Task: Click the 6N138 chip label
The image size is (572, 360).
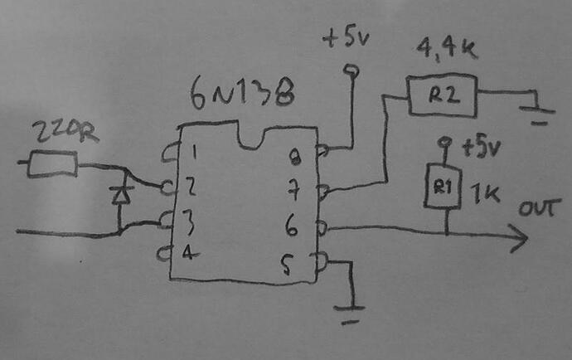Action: click(x=242, y=93)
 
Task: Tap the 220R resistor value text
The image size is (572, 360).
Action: click(x=65, y=131)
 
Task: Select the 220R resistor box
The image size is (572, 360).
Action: click(x=53, y=164)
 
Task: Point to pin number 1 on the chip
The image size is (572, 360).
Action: click(x=195, y=152)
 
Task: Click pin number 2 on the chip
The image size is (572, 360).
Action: click(x=191, y=186)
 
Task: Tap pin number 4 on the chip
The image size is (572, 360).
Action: click(x=190, y=251)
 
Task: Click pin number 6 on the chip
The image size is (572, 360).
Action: click(x=292, y=226)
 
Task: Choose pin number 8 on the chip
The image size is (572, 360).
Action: click(x=294, y=157)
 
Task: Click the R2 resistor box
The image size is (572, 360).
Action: click(x=442, y=96)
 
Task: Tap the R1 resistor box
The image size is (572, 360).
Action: click(x=444, y=187)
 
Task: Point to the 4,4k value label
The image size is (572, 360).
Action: click(x=447, y=49)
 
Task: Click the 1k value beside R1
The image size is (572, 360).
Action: click(x=484, y=192)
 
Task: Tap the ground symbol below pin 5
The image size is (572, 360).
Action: click(x=350, y=314)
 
